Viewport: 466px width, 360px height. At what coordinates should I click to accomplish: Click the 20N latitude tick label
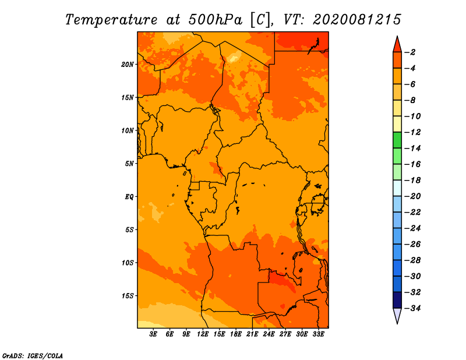[x=128, y=65]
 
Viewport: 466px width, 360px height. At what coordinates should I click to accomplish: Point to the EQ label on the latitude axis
[x=129, y=197]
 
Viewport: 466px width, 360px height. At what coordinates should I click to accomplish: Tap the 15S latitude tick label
[x=128, y=296]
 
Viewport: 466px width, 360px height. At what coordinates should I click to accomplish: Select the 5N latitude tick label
[x=129, y=164]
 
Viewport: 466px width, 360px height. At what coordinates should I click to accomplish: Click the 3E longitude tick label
[x=153, y=334]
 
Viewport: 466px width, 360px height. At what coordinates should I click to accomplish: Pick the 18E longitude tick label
[x=236, y=334]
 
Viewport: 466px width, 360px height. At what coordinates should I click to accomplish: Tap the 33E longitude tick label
[x=318, y=334]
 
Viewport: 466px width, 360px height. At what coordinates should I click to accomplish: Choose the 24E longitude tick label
[x=269, y=334]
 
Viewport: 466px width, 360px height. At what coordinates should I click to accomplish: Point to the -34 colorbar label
[x=412, y=308]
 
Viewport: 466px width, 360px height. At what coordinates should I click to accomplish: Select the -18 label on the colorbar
[x=412, y=180]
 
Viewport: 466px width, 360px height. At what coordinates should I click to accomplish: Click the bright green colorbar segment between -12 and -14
[x=397, y=140]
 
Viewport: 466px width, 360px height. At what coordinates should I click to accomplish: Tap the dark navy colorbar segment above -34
[x=397, y=300]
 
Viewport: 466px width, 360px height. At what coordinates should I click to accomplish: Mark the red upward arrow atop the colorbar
[x=397, y=45]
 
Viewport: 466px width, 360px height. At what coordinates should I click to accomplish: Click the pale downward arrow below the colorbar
[x=397, y=315]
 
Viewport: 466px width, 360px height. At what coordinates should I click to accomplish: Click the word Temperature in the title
[x=111, y=20]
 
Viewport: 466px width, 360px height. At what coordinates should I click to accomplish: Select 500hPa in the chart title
[x=216, y=20]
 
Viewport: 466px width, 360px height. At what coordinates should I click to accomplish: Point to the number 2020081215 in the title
[x=357, y=20]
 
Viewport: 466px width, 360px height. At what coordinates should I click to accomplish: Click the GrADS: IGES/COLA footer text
[x=33, y=356]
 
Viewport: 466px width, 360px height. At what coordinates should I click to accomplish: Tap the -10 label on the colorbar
[x=412, y=117]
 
